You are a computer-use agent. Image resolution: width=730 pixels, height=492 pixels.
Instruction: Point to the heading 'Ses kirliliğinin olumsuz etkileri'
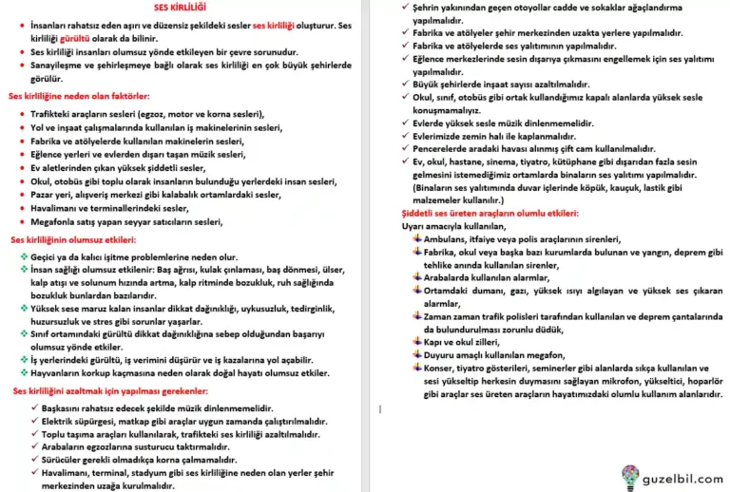tap(72, 241)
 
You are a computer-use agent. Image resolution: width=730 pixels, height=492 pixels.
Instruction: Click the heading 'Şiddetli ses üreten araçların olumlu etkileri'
tap(490, 215)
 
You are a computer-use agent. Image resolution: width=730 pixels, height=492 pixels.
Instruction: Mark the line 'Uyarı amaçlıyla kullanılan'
tap(451, 227)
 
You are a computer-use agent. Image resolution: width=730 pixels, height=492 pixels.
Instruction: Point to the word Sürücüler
tap(56, 461)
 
